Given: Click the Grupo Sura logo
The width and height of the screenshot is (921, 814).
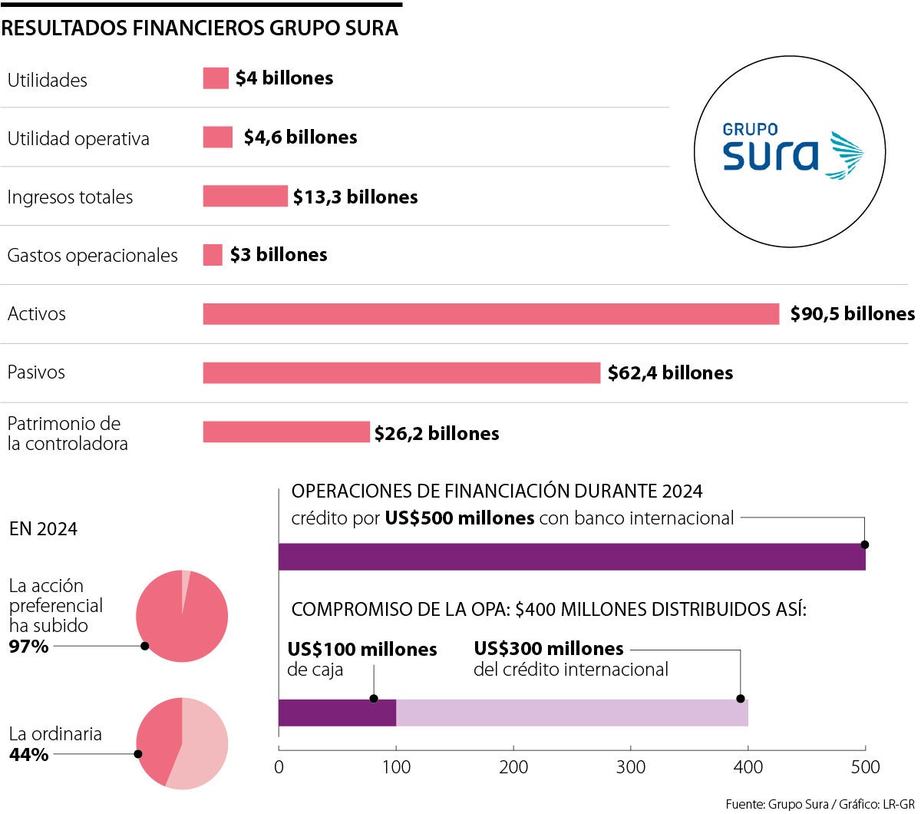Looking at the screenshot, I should point(790,151).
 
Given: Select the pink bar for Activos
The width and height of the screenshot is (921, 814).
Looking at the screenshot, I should point(490,314).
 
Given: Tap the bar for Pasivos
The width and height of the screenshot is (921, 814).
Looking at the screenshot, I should point(401,372).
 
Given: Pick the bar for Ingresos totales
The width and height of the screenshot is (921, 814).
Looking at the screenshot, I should point(245,197).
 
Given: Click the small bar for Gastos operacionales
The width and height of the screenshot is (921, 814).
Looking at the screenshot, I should point(213,255).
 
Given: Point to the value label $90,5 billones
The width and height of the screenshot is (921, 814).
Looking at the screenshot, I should point(852,314).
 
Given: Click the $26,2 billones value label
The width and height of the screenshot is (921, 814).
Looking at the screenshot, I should point(437,434).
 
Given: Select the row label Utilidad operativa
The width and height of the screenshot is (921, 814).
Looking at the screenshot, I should point(78,139).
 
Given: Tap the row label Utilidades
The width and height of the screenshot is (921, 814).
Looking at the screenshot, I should point(48,81).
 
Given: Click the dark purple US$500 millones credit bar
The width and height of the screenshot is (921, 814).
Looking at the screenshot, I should point(571,557).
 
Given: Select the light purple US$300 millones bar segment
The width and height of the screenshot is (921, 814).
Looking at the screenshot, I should point(572,713).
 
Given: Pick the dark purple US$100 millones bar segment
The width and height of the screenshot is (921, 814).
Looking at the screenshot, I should point(337,713).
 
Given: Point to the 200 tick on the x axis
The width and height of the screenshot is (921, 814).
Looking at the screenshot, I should point(513,766).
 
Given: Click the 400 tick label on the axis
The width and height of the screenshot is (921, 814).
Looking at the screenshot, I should point(748,766).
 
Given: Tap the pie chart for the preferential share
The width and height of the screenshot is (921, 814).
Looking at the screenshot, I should point(182,616).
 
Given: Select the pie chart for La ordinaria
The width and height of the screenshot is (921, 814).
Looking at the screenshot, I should point(182,743).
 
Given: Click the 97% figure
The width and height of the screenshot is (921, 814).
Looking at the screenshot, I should point(28,647).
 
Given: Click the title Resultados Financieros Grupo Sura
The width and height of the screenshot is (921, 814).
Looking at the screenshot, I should point(200,28).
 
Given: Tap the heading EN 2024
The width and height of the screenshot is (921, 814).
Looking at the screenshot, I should point(43,529).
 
